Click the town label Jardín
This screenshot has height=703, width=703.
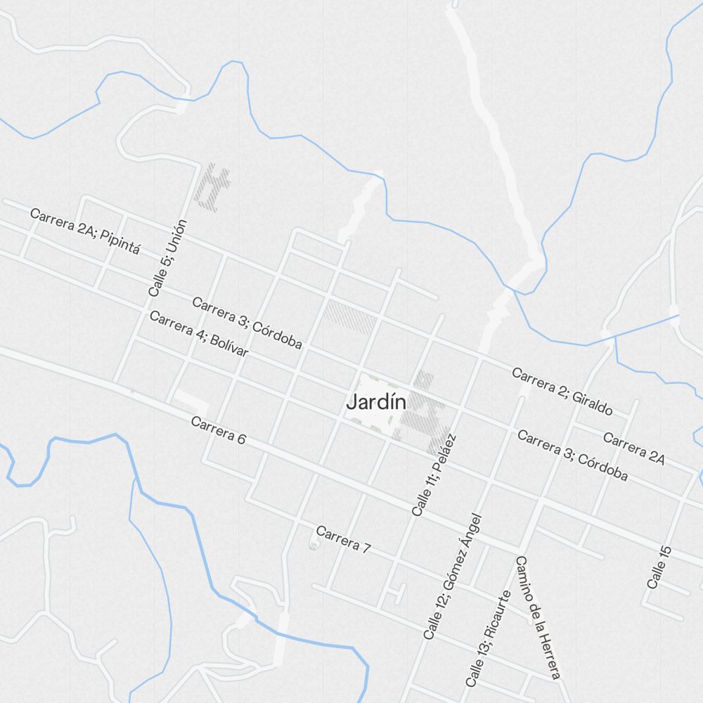[x=376, y=403]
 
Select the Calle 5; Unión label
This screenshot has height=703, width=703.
[x=168, y=257]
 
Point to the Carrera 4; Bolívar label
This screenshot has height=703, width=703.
[x=199, y=333]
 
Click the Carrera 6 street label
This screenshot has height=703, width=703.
[x=218, y=430]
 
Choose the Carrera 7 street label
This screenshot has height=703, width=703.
[x=342, y=539]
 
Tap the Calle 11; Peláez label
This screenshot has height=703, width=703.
[x=434, y=475]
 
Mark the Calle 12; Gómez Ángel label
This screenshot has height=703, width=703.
[x=453, y=576]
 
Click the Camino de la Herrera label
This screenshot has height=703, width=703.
[x=538, y=617]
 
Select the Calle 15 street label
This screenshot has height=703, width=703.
[x=659, y=566]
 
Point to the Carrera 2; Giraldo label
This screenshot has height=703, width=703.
[x=562, y=391]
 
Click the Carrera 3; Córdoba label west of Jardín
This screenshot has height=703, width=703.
[x=247, y=323]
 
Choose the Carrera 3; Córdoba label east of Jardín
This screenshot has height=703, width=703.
[x=572, y=456]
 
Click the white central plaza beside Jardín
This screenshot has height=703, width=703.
[x=370, y=422]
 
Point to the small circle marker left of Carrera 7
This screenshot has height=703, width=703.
[x=314, y=545]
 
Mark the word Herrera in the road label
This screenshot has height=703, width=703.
[x=550, y=655]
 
